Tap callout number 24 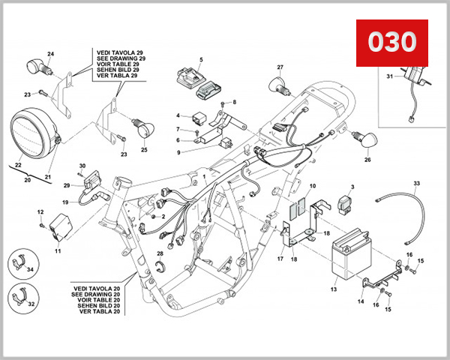click(x=51, y=54)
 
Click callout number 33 click(x=417, y=182)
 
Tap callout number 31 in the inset click(x=389, y=76)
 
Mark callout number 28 click(x=160, y=254)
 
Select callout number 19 click(x=65, y=202)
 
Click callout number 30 click(x=82, y=165)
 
